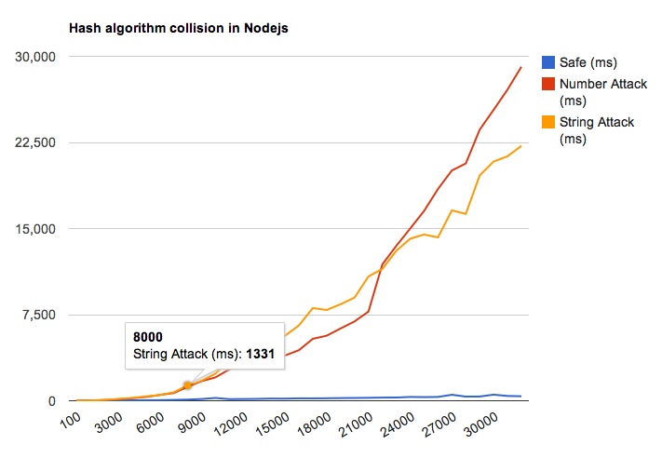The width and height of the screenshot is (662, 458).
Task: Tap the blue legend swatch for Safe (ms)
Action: pos(547,63)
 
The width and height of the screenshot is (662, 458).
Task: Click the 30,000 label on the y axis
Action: pos(35,57)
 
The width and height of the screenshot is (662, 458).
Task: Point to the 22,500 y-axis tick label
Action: pos(35,142)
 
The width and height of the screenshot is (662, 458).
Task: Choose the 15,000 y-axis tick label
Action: pos(35,229)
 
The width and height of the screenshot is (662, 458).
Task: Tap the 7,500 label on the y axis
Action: pos(39,315)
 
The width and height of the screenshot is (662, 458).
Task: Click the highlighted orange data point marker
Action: pos(187,385)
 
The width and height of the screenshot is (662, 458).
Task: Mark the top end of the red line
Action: pos(521,67)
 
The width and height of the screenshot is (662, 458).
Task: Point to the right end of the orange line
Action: pos(521,146)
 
